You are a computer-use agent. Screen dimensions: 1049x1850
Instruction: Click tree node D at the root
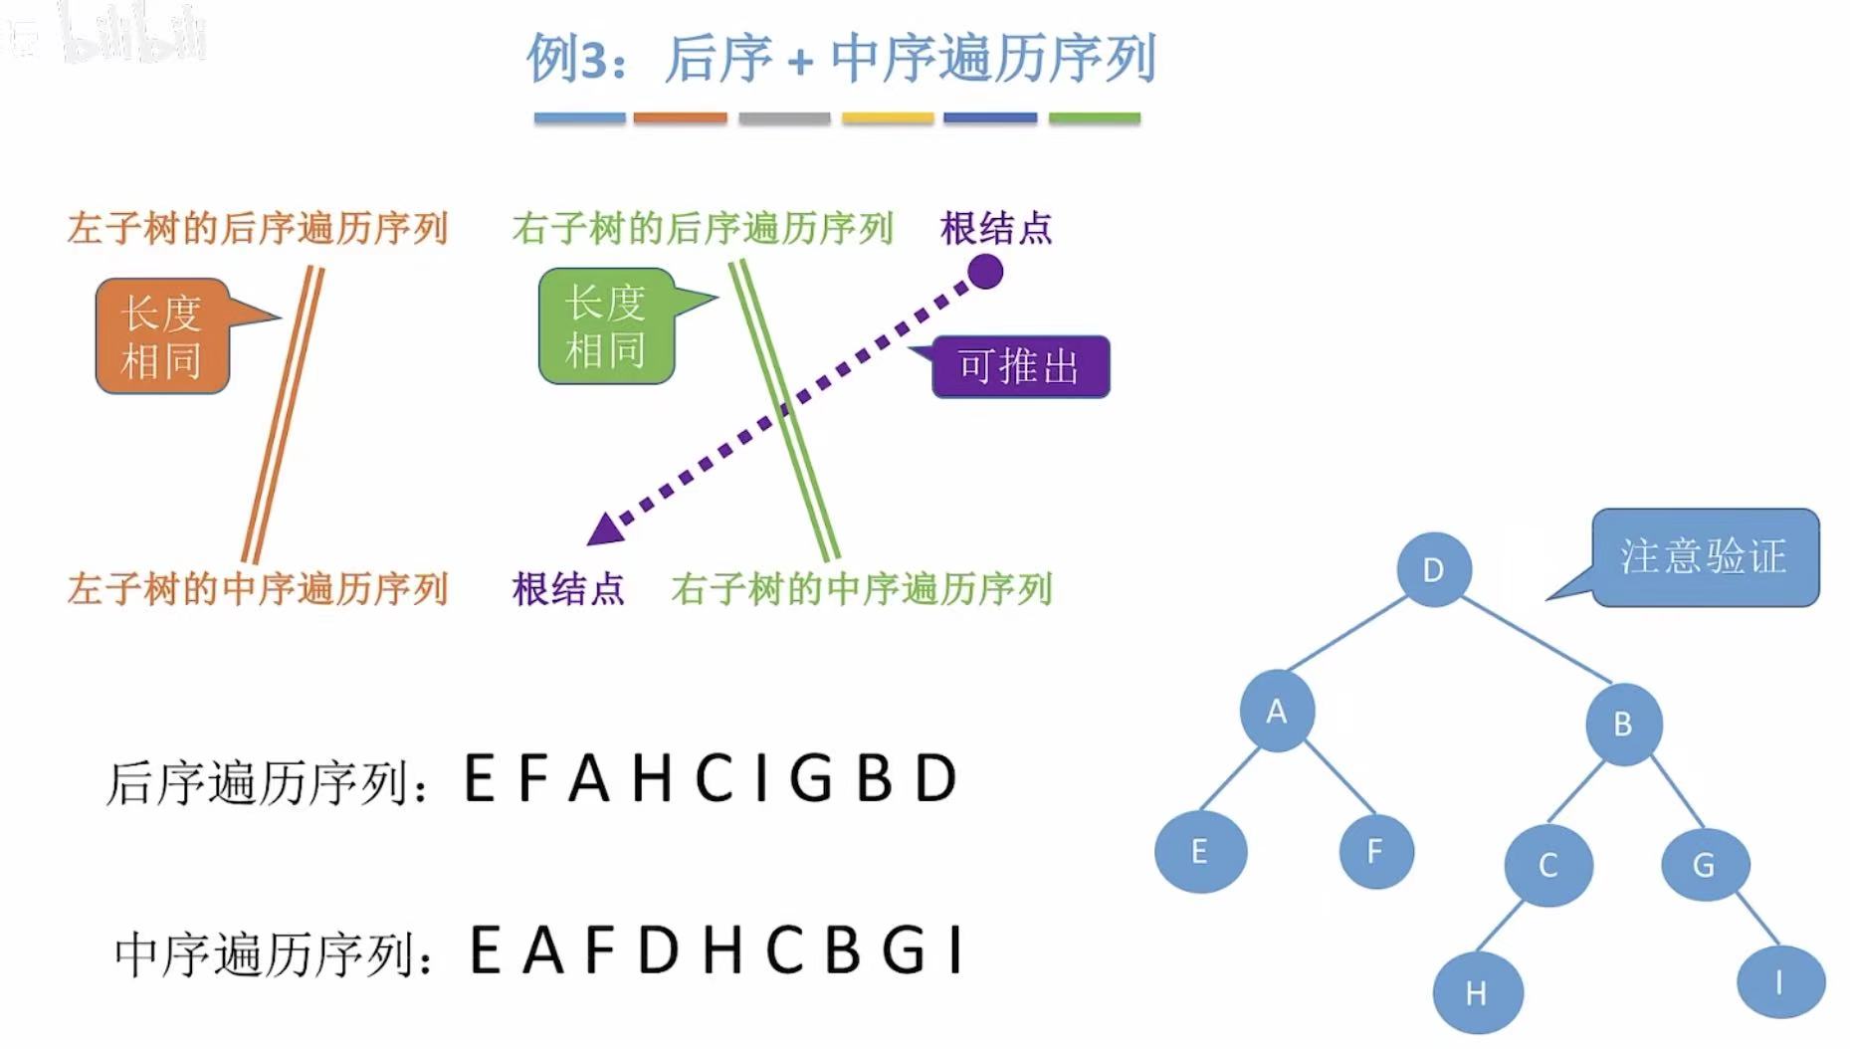[x=1433, y=569]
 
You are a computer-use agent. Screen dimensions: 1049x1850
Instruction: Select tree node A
[x=1277, y=712]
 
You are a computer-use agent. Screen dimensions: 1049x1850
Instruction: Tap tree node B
[x=1623, y=724]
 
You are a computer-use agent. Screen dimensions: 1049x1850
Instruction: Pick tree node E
[x=1200, y=852]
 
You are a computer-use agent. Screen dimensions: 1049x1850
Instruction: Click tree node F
[x=1375, y=851]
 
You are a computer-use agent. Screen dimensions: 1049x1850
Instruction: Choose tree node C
[x=1548, y=865]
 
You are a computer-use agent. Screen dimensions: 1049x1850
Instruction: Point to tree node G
[x=1704, y=864]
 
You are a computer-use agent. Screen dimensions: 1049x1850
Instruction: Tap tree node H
[x=1477, y=992]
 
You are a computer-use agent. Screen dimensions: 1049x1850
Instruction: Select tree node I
[x=1779, y=982]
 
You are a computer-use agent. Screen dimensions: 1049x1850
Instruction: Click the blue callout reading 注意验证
[x=1704, y=557]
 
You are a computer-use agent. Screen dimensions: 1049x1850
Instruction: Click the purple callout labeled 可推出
[x=1020, y=367]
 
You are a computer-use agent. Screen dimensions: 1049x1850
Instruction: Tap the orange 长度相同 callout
[x=162, y=336]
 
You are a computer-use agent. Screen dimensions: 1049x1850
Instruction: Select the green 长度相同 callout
[x=606, y=326]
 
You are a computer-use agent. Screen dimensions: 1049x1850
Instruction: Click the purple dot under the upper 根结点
[x=985, y=272]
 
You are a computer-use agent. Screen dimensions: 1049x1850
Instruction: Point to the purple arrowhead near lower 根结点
[x=604, y=530]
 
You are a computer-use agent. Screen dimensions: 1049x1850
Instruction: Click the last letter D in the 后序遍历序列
[x=935, y=778]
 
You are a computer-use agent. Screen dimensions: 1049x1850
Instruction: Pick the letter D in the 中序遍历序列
[x=658, y=950]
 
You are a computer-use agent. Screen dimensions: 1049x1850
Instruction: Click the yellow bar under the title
[x=888, y=118]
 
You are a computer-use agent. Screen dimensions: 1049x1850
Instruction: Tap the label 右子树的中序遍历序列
[x=861, y=589]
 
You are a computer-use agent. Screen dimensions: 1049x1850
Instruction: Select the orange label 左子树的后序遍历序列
[x=258, y=228]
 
